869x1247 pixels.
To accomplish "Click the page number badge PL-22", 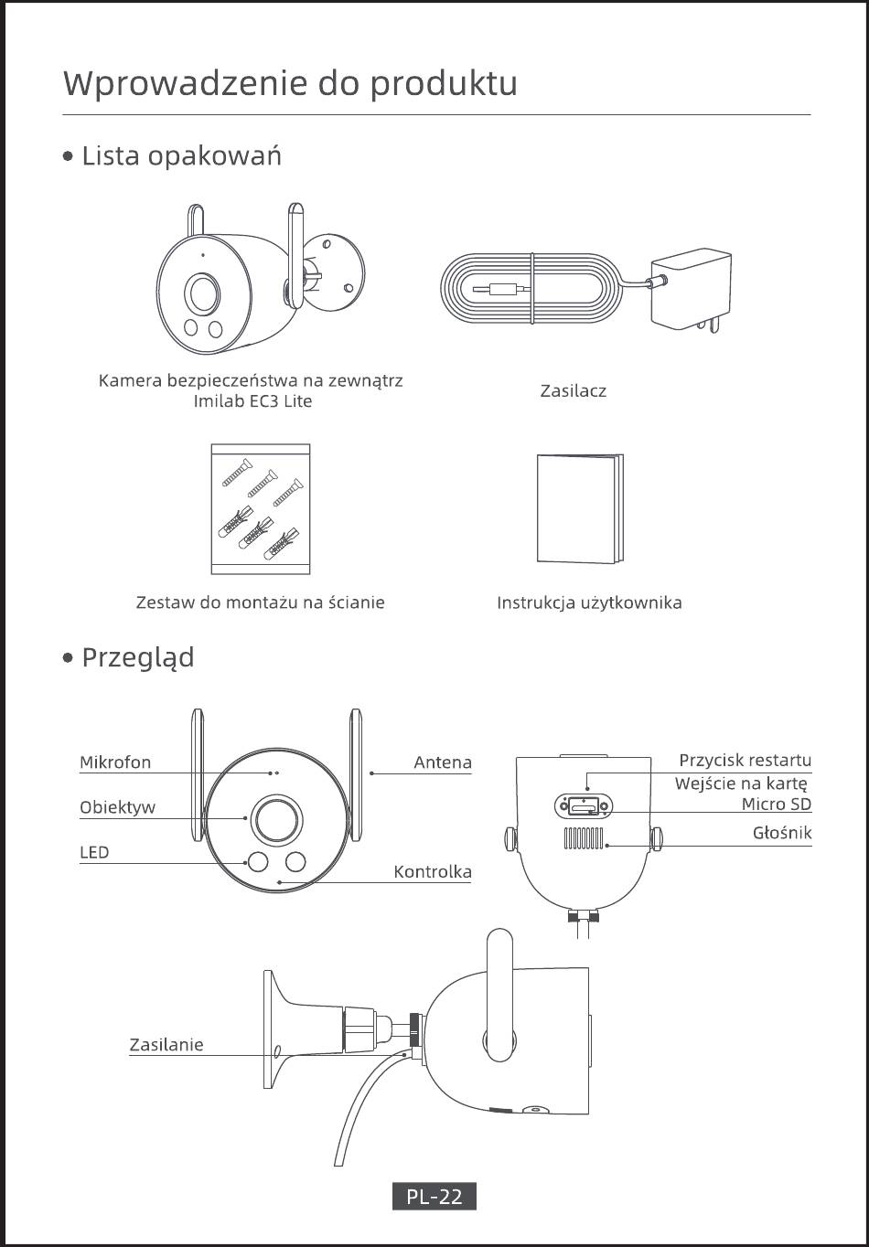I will pyautogui.click(x=434, y=1196).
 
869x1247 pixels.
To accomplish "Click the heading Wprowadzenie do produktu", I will pyautogui.click(x=290, y=83).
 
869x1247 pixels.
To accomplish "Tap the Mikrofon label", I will pyautogui.click(x=115, y=762).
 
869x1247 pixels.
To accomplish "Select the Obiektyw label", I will pyautogui.click(x=117, y=808).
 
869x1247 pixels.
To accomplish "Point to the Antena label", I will pyautogui.click(x=443, y=762).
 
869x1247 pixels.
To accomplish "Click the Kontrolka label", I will pyautogui.click(x=433, y=872).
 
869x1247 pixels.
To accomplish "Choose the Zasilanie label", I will pyautogui.click(x=166, y=1045).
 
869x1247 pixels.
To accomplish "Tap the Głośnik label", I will pyautogui.click(x=782, y=833).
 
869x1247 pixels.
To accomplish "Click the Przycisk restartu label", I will pyautogui.click(x=745, y=761).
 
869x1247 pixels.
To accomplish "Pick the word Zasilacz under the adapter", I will pyautogui.click(x=574, y=391).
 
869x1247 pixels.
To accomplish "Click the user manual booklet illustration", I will pyautogui.click(x=579, y=509).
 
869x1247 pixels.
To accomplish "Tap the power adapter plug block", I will pyautogui.click(x=690, y=288).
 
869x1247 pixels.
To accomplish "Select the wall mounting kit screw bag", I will pyautogui.click(x=261, y=508).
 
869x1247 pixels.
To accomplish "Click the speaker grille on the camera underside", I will pyautogui.click(x=584, y=838).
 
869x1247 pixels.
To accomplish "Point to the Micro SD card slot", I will pyautogui.click(x=584, y=806).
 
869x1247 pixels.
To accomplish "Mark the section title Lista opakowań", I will pyautogui.click(x=181, y=156).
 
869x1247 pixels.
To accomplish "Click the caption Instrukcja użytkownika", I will pyautogui.click(x=589, y=602).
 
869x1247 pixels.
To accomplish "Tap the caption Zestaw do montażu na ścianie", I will pyautogui.click(x=260, y=602).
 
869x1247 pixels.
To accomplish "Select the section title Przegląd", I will pyautogui.click(x=137, y=657).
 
